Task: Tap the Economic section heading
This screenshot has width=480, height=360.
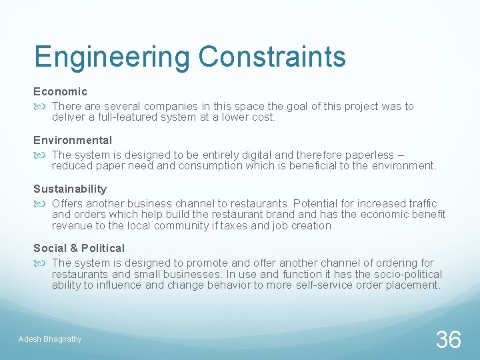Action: pyautogui.click(x=61, y=91)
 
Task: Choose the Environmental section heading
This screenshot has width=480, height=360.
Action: pyautogui.click(x=73, y=140)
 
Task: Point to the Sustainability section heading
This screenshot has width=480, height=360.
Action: pyautogui.click(x=70, y=189)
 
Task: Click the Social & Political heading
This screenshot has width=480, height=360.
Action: pyautogui.click(x=79, y=248)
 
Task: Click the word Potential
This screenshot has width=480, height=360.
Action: pyautogui.click(x=319, y=203)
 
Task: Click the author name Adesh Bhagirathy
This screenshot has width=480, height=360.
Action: pyautogui.click(x=50, y=339)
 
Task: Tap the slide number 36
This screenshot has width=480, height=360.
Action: pyautogui.click(x=448, y=340)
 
